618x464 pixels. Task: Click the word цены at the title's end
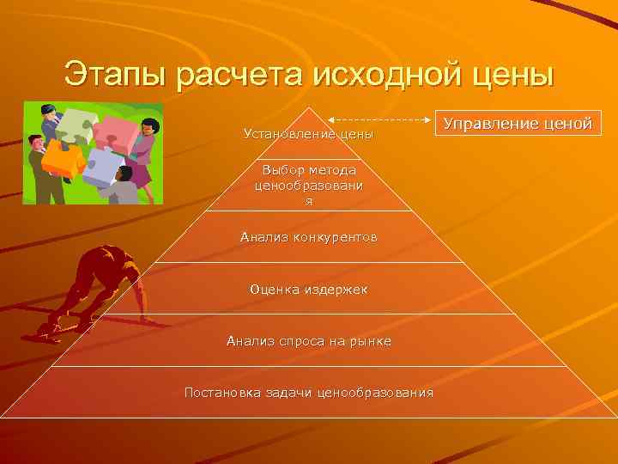point(512,74)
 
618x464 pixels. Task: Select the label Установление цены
point(308,134)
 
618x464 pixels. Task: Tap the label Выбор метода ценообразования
point(308,185)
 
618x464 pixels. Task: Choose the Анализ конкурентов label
point(308,236)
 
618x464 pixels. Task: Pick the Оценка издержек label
point(308,290)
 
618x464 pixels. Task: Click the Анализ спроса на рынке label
point(308,341)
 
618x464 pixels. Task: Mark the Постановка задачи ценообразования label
point(308,393)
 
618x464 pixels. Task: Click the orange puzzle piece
point(62,158)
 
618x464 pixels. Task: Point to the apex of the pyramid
point(309,109)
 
